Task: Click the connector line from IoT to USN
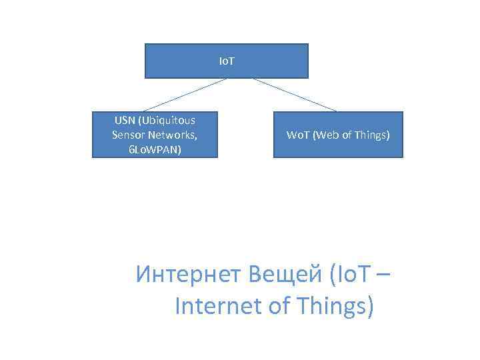click(x=185, y=95)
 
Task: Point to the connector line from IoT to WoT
click(x=294, y=95)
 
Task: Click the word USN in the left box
click(x=124, y=121)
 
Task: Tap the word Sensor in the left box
click(x=128, y=135)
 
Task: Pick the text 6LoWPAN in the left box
click(x=155, y=149)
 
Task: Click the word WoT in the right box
click(x=297, y=135)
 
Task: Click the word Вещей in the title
click(x=282, y=274)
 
